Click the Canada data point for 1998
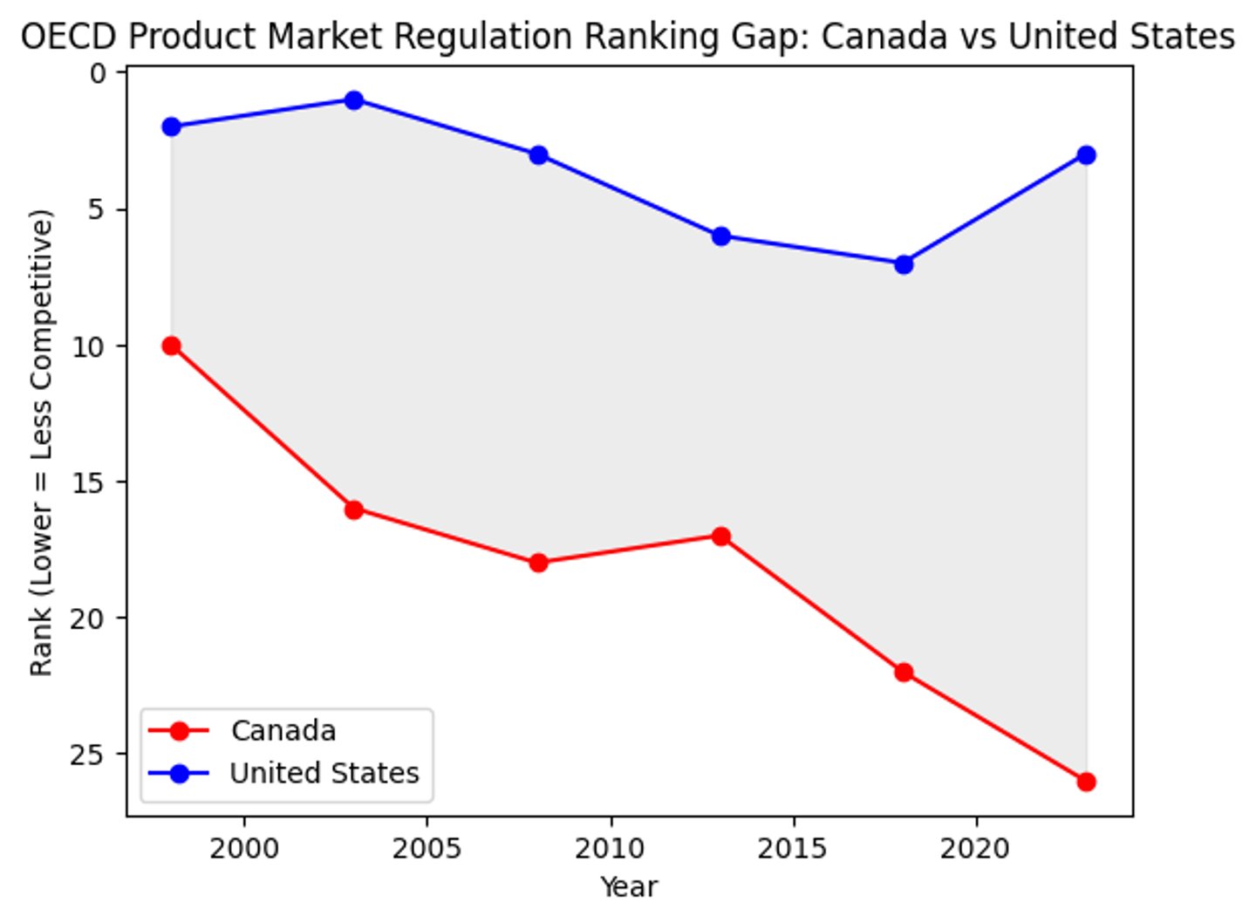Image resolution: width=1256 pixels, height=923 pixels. [x=172, y=346]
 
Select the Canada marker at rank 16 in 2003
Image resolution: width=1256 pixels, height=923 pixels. [x=354, y=509]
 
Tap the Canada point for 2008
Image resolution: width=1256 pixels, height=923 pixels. [x=538, y=564]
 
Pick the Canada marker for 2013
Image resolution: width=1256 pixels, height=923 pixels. [x=721, y=537]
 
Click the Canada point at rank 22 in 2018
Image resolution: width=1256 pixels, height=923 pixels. [x=904, y=673]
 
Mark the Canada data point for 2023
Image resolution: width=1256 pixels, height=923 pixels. [x=1086, y=782]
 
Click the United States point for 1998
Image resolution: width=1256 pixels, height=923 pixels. [x=172, y=127]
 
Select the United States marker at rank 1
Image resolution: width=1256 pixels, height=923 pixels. [x=354, y=100]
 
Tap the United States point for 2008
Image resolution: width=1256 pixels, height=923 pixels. [x=538, y=155]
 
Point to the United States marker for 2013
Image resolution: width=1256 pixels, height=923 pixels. [x=721, y=236]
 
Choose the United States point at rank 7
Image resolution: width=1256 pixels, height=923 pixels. [x=904, y=264]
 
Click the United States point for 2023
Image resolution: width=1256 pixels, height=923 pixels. [x=1086, y=155]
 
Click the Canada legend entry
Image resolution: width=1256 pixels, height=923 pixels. [x=283, y=731]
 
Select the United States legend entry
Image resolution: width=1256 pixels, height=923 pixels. [x=324, y=773]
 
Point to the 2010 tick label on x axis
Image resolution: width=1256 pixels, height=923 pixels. [x=611, y=848]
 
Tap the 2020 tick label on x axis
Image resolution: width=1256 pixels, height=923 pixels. [x=975, y=848]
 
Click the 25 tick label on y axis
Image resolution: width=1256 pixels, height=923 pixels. [x=87, y=754]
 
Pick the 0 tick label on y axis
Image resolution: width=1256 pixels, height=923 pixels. [x=98, y=73]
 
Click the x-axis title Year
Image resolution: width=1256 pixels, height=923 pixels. [x=629, y=887]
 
